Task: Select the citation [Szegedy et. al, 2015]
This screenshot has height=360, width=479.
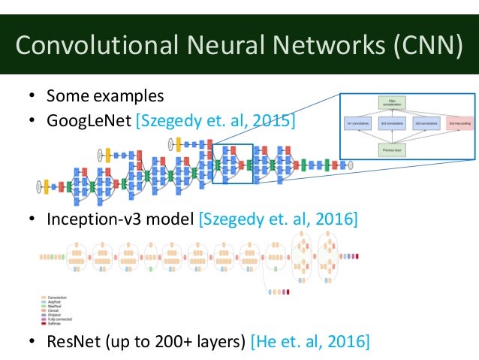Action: click(215, 120)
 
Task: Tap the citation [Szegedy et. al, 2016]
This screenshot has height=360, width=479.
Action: click(277, 219)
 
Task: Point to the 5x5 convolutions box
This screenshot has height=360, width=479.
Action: click(426, 123)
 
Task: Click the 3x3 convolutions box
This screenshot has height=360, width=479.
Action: click(393, 123)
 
